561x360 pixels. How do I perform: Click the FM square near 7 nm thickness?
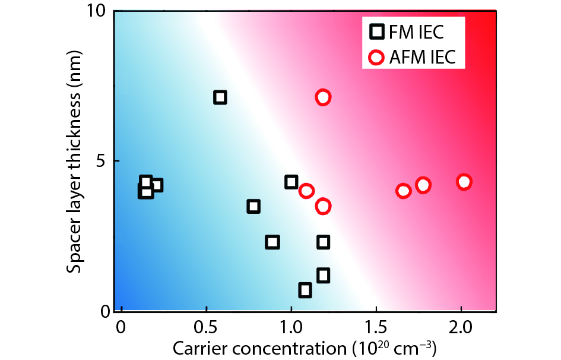[220, 97]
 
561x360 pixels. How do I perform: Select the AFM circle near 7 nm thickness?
[323, 97]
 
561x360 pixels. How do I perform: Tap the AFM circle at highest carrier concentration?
[464, 182]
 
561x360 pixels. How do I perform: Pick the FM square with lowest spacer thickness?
[305, 290]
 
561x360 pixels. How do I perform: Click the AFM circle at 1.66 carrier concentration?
[404, 191]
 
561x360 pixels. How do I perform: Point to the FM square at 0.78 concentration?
[253, 207]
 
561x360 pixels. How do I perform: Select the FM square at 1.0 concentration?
[291, 182]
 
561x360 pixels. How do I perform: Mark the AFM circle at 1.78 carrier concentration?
[423, 185]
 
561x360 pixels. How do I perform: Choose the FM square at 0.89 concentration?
[272, 242]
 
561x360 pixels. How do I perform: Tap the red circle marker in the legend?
[376, 58]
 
